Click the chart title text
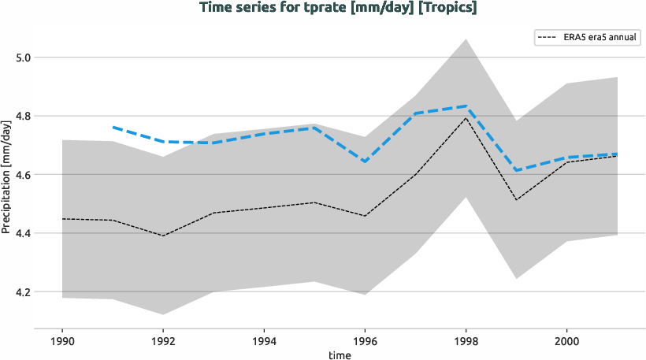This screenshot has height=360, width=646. click(x=338, y=8)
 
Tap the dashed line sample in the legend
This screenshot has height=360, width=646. click(x=547, y=37)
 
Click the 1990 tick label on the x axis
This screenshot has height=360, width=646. click(x=62, y=342)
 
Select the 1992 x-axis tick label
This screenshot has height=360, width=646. click(x=163, y=342)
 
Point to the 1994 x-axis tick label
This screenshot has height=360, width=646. click(x=264, y=342)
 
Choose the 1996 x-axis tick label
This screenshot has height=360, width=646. click(x=365, y=342)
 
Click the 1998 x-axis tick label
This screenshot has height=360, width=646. click(x=466, y=342)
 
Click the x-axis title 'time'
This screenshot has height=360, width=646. click(x=339, y=355)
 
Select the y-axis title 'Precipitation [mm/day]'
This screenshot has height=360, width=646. click(x=7, y=184)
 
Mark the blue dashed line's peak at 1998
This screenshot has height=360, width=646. click(x=466, y=106)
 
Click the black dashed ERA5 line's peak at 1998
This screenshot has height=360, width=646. click(x=466, y=118)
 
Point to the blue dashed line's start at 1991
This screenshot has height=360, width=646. click(x=113, y=127)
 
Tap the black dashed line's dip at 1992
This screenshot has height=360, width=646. click(x=163, y=236)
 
